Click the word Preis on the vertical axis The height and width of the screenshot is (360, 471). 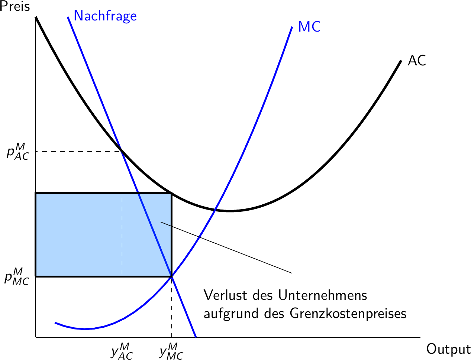pyautogui.click(x=15, y=7)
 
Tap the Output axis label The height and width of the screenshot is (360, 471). pyautogui.click(x=448, y=350)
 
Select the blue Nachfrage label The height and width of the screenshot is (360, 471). pyautogui.click(x=105, y=16)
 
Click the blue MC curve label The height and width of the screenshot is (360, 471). pyautogui.click(x=309, y=27)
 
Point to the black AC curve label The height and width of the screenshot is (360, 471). pyautogui.click(x=417, y=61)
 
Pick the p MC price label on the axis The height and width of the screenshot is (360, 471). pyautogui.click(x=17, y=276)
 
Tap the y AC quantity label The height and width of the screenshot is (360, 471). pyautogui.click(x=122, y=351)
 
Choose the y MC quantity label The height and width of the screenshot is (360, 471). pyautogui.click(x=171, y=351)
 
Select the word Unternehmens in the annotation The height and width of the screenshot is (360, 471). pyautogui.click(x=322, y=296)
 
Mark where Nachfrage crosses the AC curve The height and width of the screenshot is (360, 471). pyautogui.click(x=122, y=151)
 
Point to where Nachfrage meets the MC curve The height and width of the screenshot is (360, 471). pyautogui.click(x=171, y=276)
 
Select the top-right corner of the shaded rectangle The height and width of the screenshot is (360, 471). pyautogui.click(x=171, y=193)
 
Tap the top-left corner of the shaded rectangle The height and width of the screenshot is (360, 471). pyautogui.click(x=36, y=193)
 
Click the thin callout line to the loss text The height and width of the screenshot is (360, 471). pyautogui.click(x=227, y=248)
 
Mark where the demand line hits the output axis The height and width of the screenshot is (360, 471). pyautogui.click(x=196, y=337)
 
